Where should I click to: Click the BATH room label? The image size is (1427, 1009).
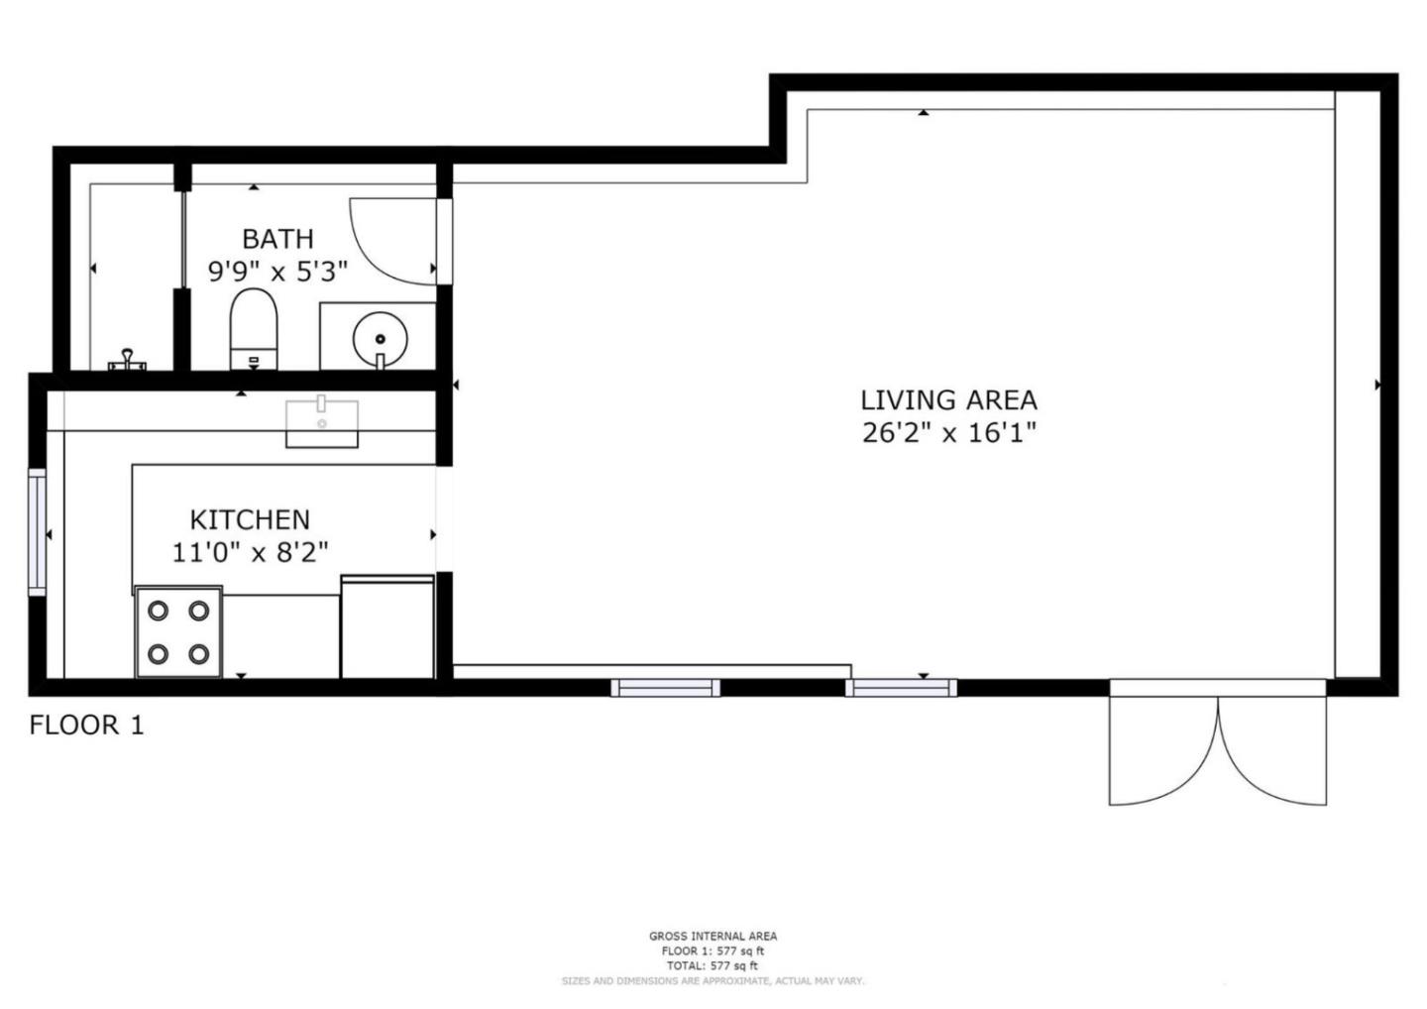277,239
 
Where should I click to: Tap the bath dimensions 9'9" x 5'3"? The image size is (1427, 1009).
277,271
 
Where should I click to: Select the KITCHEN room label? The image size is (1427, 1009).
250,519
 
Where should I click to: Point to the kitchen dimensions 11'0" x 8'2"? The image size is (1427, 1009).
250,551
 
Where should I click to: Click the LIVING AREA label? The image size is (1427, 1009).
948,400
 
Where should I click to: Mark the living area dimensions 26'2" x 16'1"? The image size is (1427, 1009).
948,432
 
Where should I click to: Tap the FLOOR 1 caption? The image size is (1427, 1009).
86,726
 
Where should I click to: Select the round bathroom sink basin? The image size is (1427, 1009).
380,337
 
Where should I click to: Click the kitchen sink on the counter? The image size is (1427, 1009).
322,423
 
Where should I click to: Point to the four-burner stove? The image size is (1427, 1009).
178,632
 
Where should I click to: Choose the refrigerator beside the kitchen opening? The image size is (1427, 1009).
387,626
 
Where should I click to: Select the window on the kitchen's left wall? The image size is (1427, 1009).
37,534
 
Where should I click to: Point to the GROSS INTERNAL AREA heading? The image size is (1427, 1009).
713,936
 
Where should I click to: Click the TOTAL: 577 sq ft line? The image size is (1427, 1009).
713,965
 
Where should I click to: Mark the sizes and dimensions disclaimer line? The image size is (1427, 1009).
713,981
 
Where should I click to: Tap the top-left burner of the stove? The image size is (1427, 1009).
158,611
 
